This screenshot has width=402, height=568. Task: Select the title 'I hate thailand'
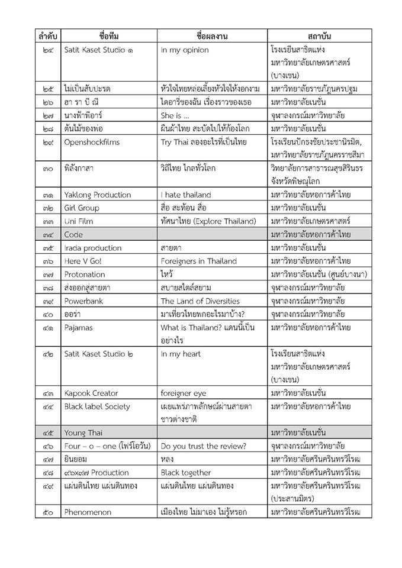pyautogui.click(x=186, y=195)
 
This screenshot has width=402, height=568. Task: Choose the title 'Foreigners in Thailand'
pyautogui.click(x=199, y=261)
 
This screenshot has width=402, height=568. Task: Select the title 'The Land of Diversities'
pyautogui.click(x=200, y=301)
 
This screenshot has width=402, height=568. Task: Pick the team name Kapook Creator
pyautogui.click(x=91, y=393)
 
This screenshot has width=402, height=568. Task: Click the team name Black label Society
pyautogui.click(x=99, y=406)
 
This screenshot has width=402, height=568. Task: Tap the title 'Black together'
pyautogui.click(x=186, y=472)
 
